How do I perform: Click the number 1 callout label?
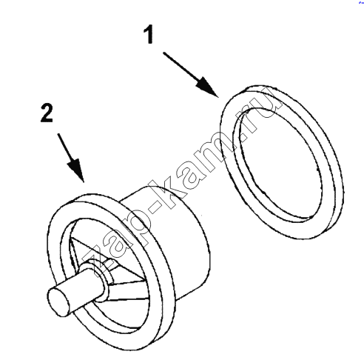point(149,34)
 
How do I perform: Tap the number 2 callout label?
point(47,113)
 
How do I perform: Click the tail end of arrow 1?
point(164,53)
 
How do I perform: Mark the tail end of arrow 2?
point(58,134)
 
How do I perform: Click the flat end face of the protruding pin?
point(58,302)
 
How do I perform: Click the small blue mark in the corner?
point(362,1)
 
